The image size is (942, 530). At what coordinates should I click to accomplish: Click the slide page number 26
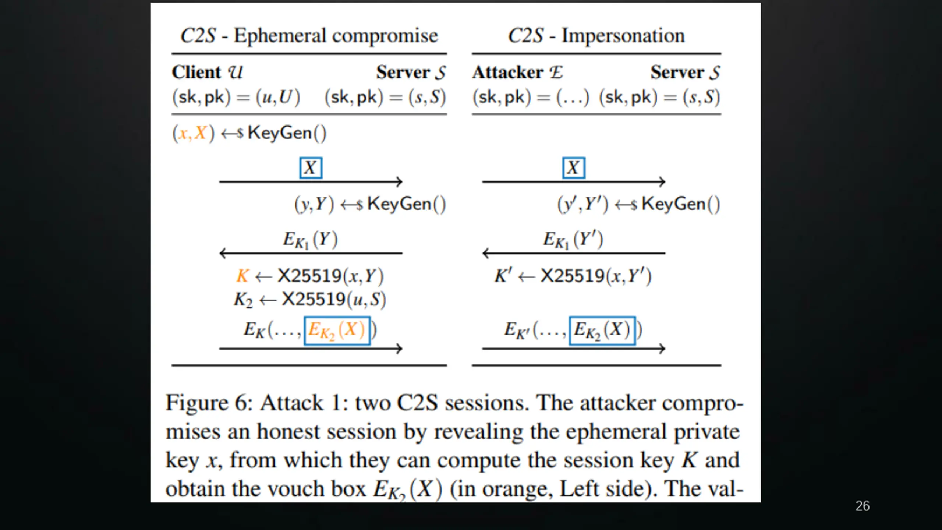pos(862,506)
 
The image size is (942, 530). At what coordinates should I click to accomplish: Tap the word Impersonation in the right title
pos(623,36)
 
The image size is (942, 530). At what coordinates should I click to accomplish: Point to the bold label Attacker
pos(508,72)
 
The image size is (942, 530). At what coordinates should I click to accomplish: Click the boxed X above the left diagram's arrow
pos(311,168)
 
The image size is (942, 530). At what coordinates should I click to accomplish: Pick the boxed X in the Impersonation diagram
pos(573,168)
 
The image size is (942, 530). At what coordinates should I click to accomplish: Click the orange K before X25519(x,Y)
pos(242,276)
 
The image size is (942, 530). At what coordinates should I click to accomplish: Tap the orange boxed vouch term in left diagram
pos(337,330)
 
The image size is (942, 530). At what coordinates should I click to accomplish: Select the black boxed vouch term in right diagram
pos(602,330)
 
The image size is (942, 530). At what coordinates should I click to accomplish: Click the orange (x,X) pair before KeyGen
pos(193,133)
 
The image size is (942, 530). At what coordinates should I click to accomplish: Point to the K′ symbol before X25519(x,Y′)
pos(503,276)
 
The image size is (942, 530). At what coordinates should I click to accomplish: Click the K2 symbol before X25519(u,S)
pos(243,300)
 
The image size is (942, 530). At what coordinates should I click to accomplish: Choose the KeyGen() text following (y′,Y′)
pos(680,204)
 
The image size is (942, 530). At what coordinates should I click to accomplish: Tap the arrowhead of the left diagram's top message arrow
pos(399,181)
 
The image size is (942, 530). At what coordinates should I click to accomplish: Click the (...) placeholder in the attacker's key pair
pos(573,97)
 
